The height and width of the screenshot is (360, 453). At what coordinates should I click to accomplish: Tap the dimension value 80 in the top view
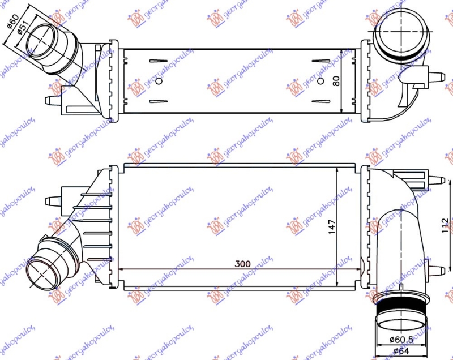(x=336, y=80)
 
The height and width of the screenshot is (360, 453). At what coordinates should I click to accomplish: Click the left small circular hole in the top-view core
(x=159, y=81)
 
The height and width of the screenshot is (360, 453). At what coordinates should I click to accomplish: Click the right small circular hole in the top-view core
(x=321, y=81)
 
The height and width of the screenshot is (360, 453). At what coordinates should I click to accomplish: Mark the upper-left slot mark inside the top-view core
(x=158, y=61)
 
